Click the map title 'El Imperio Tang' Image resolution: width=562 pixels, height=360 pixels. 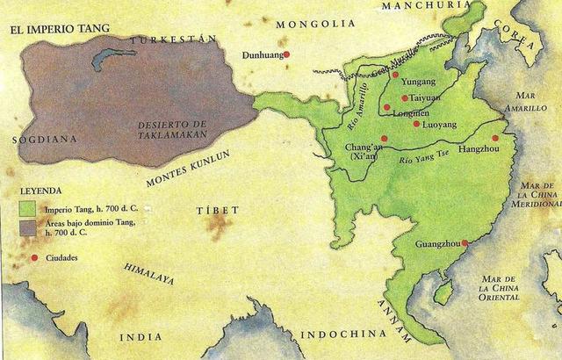click(60, 29)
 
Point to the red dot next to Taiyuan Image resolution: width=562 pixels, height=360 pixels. click(404, 98)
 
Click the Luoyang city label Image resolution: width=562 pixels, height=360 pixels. click(440, 125)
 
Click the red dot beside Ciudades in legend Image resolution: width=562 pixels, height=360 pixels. click(34, 257)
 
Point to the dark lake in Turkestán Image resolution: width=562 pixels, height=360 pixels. click(115, 58)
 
